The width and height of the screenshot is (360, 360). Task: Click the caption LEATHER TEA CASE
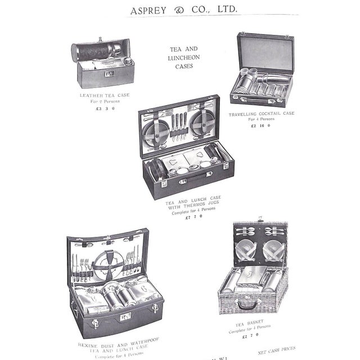(105, 95)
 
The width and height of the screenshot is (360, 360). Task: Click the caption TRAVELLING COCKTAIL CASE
(261, 114)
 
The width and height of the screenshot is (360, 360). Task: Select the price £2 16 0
(261, 127)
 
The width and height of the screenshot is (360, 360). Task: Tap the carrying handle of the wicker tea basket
(245, 305)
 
